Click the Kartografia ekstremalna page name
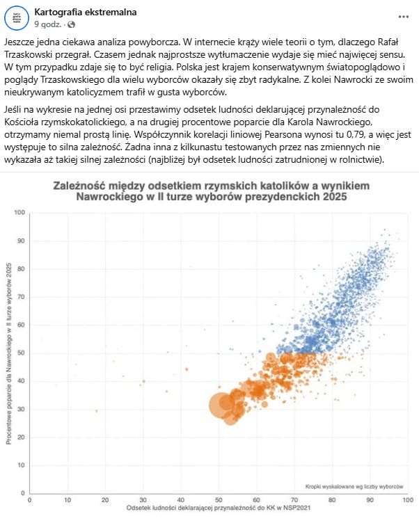pyautogui.click(x=95, y=13)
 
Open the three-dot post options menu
pyautogui.click(x=404, y=16)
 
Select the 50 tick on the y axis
pyautogui.click(x=21, y=353)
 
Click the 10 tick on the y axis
pyautogui.click(x=21, y=465)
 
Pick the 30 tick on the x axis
pyautogui.click(x=143, y=500)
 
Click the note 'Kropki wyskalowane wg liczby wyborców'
pyautogui.click(x=354, y=485)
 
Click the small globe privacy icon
pyautogui.click(x=71, y=25)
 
